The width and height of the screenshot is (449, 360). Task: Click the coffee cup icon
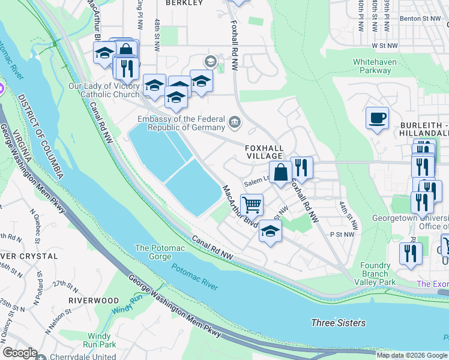coord(376,118)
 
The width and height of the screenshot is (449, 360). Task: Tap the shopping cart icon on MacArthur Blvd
coord(252,205)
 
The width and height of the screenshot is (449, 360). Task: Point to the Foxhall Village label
coord(263,151)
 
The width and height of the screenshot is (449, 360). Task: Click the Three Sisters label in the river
coord(338,323)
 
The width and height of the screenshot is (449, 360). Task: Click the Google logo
coord(20,353)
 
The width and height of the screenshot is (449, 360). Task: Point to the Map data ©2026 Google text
coord(411,355)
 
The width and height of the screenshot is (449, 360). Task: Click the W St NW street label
coord(385,45)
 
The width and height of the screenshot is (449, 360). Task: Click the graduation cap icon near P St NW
coord(270,231)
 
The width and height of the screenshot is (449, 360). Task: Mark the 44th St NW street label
coord(348,217)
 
